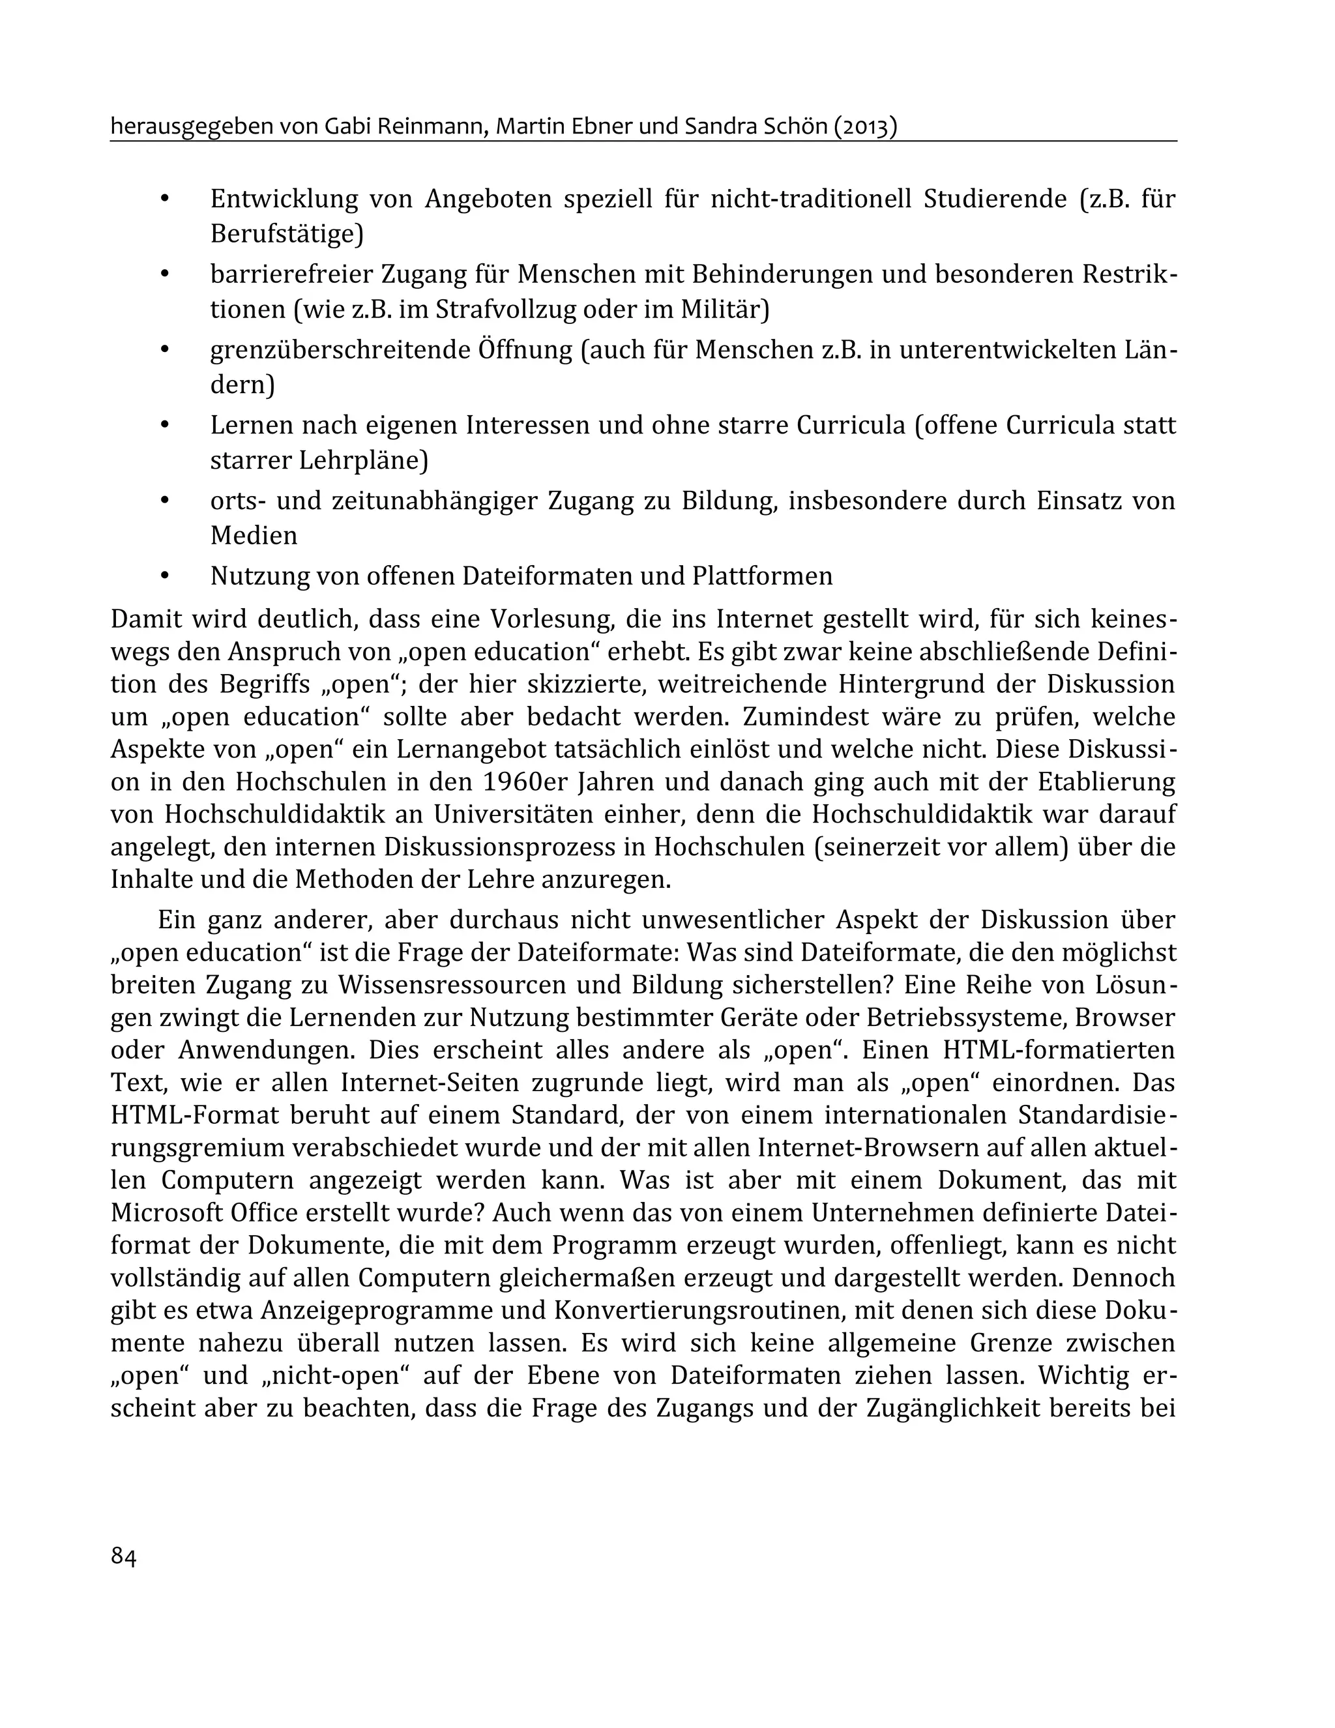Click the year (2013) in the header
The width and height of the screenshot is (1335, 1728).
(x=865, y=126)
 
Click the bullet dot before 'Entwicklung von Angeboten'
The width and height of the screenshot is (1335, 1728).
(x=166, y=199)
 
